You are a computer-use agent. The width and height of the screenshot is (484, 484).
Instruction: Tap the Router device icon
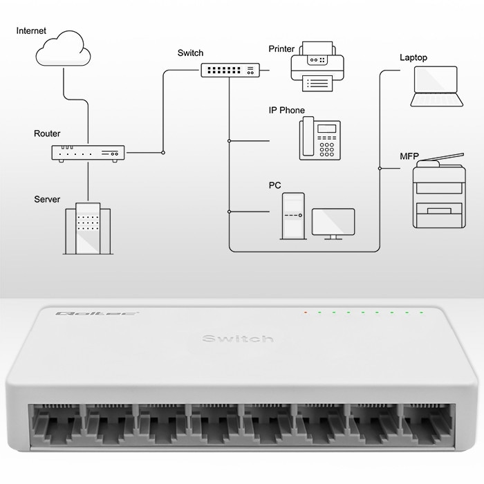point(88,153)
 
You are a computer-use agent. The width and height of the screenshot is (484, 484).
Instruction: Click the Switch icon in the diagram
point(231,70)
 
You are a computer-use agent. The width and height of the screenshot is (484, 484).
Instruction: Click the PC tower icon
point(293,215)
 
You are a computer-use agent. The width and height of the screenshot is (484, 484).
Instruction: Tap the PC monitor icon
point(333,223)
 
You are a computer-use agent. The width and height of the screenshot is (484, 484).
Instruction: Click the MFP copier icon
point(438,192)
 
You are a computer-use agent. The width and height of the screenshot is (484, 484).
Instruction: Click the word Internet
point(31,31)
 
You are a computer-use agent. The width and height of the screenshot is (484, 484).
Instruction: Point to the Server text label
point(47,199)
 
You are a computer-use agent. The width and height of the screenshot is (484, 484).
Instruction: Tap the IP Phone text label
point(286,111)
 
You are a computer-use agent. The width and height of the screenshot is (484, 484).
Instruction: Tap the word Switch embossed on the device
point(238,338)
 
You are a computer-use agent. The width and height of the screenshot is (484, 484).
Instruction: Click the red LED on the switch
point(305,313)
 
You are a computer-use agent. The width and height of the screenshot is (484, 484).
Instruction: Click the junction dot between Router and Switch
point(163,152)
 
